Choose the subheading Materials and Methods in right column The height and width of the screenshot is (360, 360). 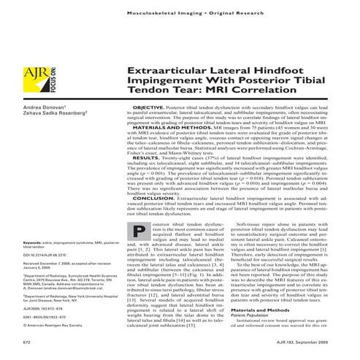pos(267,312)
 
